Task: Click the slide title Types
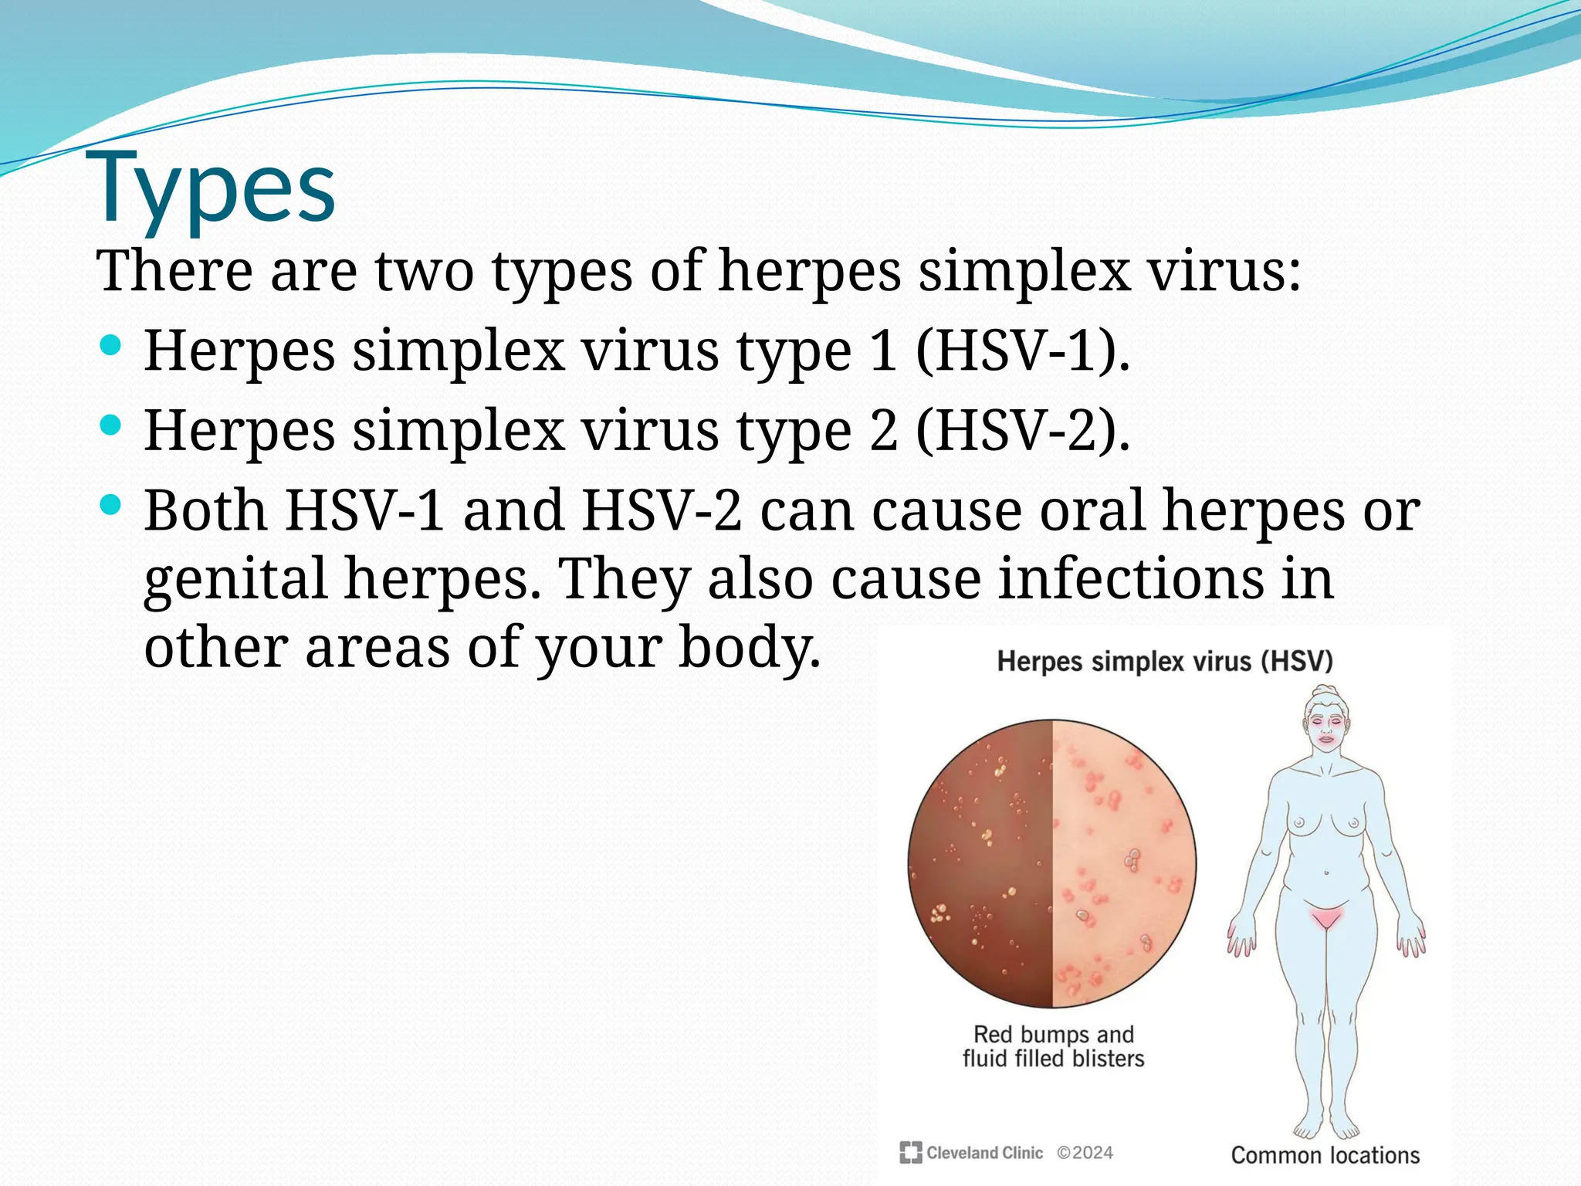215,188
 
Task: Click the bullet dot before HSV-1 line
111,345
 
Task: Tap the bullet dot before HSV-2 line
111,425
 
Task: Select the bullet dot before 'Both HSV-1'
111,506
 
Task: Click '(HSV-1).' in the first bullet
1022,351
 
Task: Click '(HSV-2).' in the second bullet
1022,431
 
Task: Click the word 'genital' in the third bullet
235,579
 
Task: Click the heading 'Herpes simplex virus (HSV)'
1165,662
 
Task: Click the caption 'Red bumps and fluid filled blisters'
1053,1046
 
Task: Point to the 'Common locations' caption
1325,1155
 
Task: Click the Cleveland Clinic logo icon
911,1153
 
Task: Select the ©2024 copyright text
1085,1153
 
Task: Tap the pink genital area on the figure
1326,917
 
